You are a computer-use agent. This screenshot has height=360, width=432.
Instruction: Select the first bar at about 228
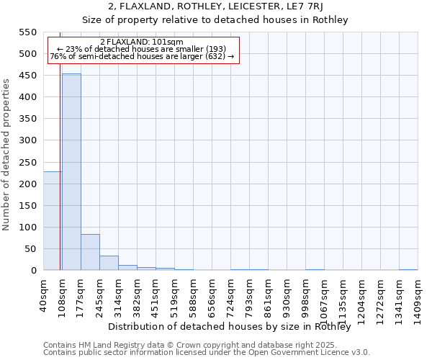pos(53,220)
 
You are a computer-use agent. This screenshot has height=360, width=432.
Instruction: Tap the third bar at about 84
pos(90,252)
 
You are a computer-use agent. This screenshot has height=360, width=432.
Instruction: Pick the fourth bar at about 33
pos(109,263)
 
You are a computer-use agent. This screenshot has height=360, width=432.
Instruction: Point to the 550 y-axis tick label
pos(28,32)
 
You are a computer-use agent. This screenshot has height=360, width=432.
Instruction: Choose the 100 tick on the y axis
pos(28,228)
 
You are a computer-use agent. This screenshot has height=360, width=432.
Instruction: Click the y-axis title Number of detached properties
pos(7,155)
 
